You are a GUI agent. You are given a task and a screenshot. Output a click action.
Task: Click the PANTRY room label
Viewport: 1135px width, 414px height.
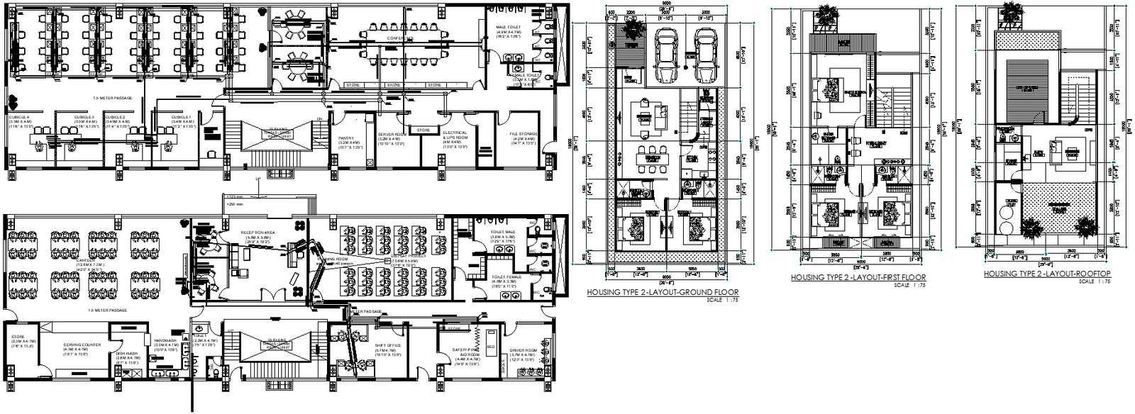click(346, 138)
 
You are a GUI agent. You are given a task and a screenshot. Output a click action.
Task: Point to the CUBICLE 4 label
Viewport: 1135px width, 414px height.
click(20, 117)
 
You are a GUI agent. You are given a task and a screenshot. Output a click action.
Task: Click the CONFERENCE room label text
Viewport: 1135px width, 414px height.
click(401, 38)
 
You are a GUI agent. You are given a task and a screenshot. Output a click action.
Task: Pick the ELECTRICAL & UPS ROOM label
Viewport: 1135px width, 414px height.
click(455, 135)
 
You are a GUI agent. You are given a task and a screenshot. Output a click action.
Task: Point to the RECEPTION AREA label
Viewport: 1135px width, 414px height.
click(258, 233)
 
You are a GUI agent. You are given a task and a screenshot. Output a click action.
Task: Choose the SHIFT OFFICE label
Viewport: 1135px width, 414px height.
click(388, 346)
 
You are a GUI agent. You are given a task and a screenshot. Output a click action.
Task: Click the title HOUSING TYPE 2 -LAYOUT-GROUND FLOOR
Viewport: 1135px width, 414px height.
click(663, 292)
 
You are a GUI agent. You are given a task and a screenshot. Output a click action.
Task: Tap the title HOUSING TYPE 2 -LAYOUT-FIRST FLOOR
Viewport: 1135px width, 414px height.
click(858, 278)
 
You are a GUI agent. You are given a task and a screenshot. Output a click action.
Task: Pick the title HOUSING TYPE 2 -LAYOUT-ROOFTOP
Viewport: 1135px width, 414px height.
click(1047, 274)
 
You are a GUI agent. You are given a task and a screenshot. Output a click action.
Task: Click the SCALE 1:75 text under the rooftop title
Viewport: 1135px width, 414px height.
click(1093, 281)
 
